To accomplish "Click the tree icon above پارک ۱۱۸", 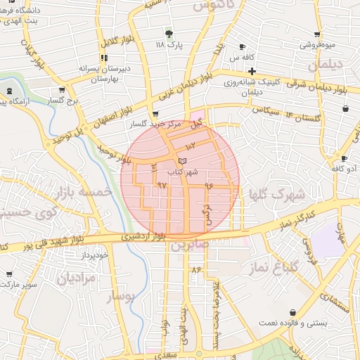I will pos(168,33).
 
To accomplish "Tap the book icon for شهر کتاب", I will pos(183,162).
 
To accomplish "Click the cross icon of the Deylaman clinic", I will pos(251,71).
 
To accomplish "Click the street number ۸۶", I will pos(195,269).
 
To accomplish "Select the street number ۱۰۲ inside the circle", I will pos(191,145).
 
